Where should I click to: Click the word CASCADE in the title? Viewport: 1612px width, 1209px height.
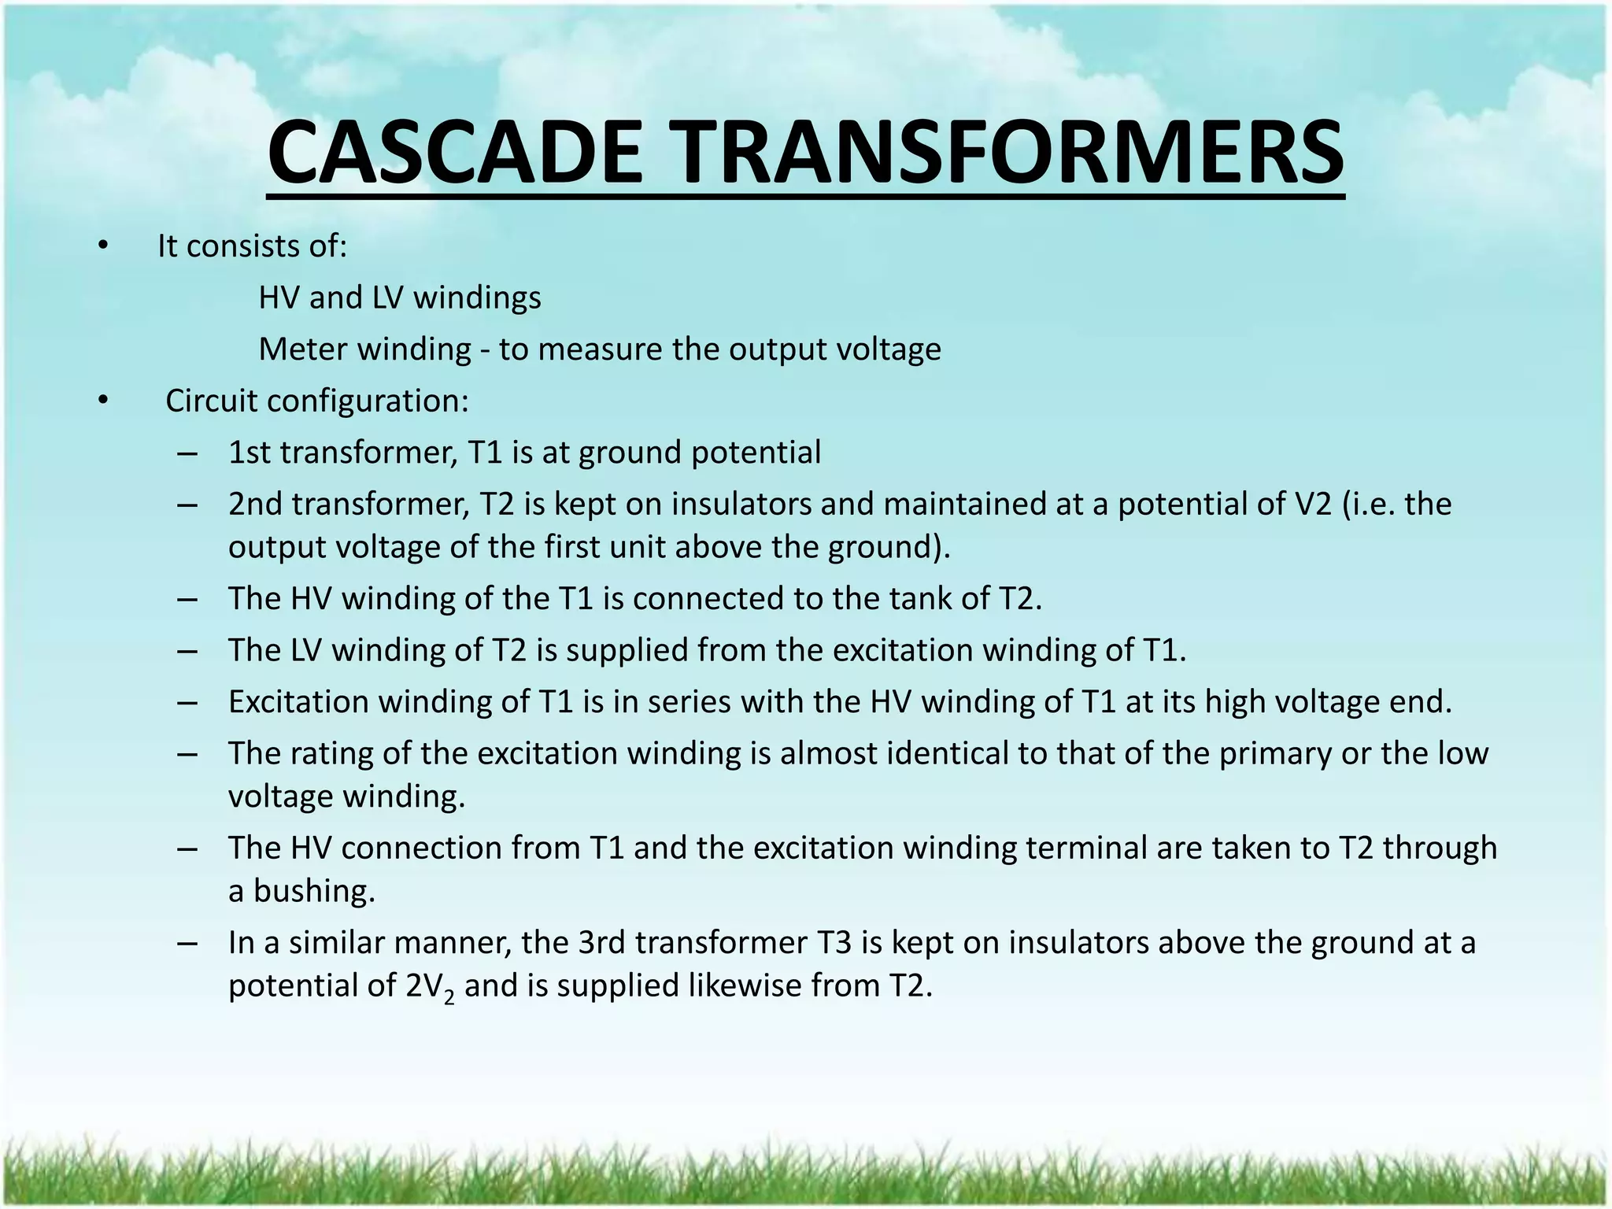pos(455,151)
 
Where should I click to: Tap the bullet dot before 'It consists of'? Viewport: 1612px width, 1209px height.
pos(102,246)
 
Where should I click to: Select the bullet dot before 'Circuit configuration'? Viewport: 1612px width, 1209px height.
pos(102,401)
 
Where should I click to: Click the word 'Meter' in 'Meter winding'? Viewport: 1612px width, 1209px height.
pos(303,349)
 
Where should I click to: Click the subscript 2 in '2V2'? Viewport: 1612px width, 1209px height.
pos(449,996)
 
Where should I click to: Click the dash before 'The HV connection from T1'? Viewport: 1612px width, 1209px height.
pos(187,849)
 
